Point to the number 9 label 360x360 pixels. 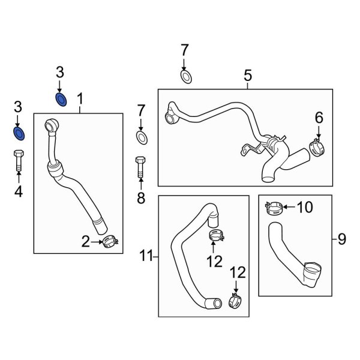tap(341, 240)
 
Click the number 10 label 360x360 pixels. tap(305, 208)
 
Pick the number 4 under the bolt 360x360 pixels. tap(18, 192)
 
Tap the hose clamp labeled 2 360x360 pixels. tap(110, 242)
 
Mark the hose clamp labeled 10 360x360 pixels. tap(273, 209)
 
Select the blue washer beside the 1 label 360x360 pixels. tap(60, 99)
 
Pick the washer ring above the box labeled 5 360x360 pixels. tap(185, 76)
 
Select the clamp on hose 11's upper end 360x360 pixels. tap(216, 235)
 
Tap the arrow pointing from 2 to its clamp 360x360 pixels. tap(97, 242)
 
